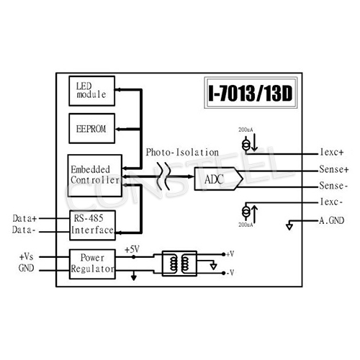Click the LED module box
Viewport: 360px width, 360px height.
91,89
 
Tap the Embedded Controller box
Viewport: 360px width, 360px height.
93,174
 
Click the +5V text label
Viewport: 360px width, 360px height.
132,249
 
